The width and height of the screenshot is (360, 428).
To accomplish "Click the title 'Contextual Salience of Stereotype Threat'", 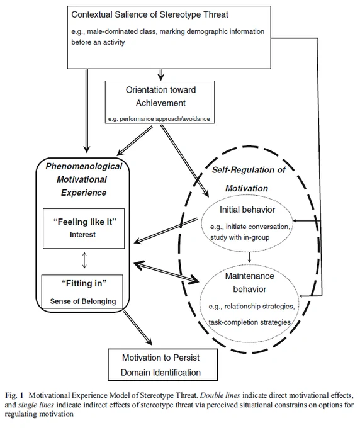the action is pos(150,14).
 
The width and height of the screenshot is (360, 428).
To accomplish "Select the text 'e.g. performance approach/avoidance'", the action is pos(159,119).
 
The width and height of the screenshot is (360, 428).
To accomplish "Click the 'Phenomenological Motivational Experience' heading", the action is pos(84,179).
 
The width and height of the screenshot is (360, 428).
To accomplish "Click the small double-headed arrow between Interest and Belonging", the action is pos(84,260).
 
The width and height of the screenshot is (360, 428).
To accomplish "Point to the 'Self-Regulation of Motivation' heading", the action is pos(248,179).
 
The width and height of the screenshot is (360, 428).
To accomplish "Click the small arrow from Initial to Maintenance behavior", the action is pos(249,257).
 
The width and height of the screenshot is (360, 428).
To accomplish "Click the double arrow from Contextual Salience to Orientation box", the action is pos(161,74).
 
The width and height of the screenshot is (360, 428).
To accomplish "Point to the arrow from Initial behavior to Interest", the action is pos(166,230).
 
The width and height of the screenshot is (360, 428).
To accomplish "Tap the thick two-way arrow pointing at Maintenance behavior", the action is pos(167,273).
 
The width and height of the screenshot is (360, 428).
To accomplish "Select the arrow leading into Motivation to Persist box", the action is pos(138,328).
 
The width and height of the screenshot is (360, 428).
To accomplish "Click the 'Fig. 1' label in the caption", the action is pos(14,395).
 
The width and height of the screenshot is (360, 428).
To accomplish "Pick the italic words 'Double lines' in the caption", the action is pos(220,395).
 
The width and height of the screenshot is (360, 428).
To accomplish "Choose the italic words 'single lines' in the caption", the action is pos(36,405).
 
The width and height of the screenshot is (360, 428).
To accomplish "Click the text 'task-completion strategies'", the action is pos(249,322).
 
